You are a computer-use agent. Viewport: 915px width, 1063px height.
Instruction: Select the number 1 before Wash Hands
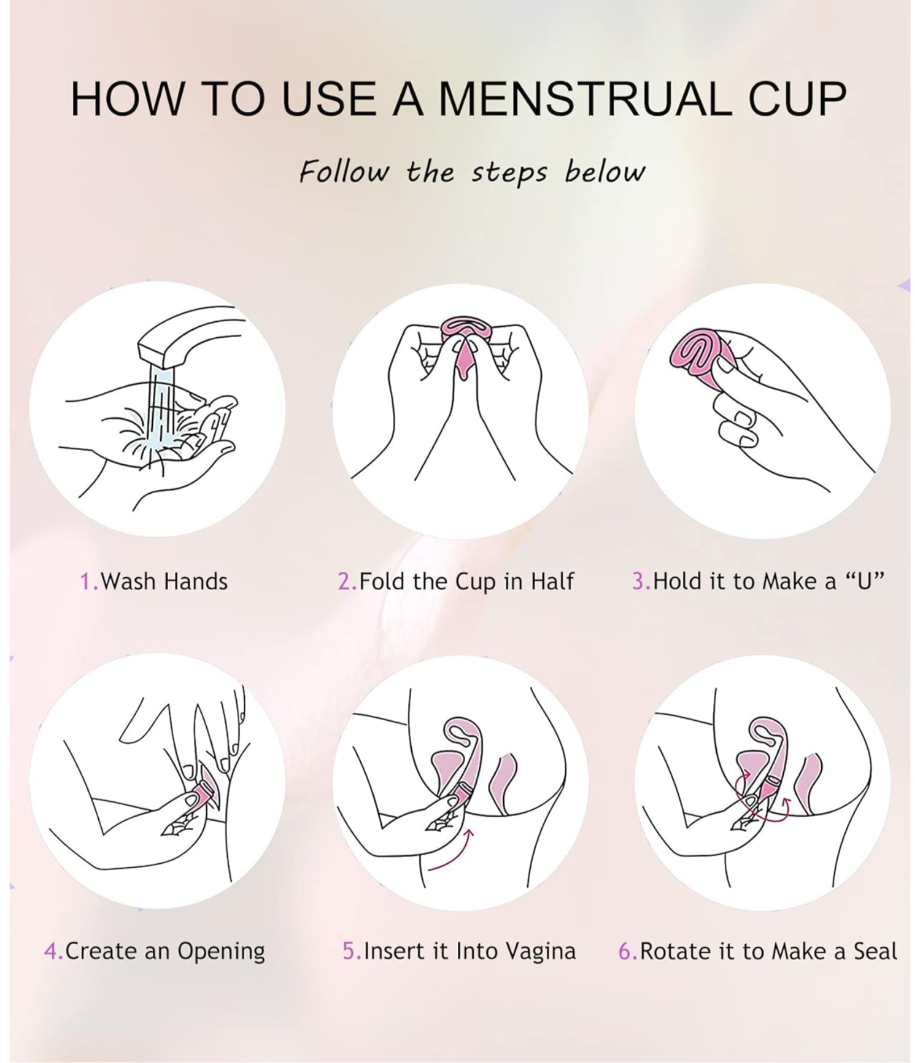(x=86, y=582)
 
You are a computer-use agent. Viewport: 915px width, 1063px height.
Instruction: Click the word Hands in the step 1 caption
(x=196, y=582)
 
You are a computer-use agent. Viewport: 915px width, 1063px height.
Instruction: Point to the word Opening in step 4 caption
(x=221, y=952)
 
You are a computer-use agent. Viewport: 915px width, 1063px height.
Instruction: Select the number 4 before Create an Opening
(x=51, y=952)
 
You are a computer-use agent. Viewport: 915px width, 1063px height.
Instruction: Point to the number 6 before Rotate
(x=625, y=951)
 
